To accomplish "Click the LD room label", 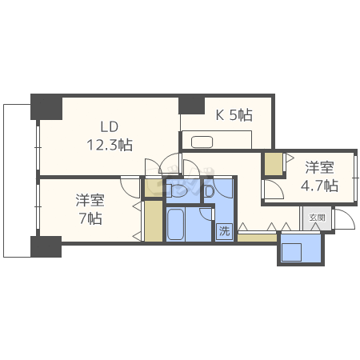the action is coord(110,127).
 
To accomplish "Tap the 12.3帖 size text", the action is coord(110,145).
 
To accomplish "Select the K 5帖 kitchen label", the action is coord(234,115).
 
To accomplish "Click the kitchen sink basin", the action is coord(202,142).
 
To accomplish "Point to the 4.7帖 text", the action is coord(319,186).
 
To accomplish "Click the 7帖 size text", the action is coord(90,218).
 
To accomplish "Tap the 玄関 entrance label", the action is coord(317,218).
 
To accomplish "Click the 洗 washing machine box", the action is coord(225,230).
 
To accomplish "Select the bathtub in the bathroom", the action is coord(175,224).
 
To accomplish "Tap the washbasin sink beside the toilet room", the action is coord(210,191).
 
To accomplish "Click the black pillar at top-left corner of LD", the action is coord(46,107).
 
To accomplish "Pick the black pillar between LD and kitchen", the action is coord(192,104).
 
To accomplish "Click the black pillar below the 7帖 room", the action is coord(46,246).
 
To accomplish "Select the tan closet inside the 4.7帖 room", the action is coord(274,165).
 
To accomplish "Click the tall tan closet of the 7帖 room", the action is coord(154,222).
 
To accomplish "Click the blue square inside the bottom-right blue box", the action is coord(291,252).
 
